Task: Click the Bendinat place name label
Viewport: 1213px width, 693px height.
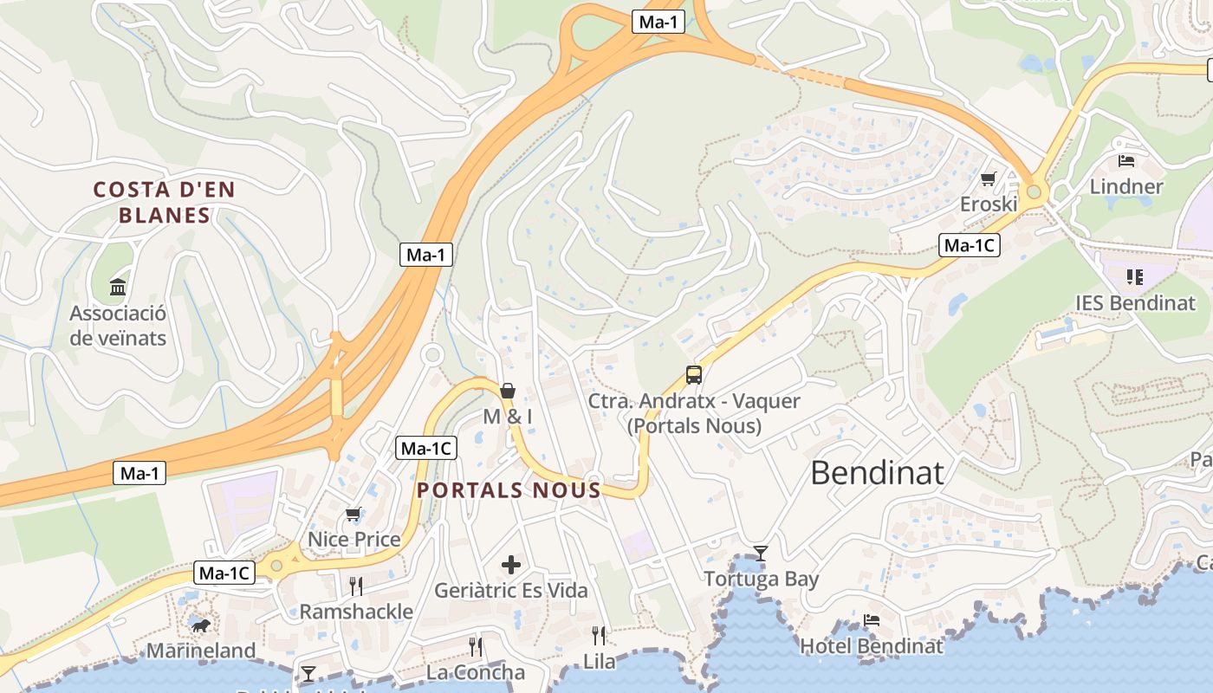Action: tap(877, 473)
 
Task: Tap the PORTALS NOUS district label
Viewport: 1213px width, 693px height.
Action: tap(509, 490)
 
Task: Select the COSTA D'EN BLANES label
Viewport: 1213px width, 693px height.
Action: tap(165, 202)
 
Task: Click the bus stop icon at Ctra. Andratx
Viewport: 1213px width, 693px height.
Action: tap(694, 375)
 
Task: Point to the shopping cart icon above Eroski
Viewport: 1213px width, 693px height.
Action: tap(988, 179)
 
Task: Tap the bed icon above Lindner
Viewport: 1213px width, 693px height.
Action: tap(1125, 160)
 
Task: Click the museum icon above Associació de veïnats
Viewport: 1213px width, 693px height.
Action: tap(118, 287)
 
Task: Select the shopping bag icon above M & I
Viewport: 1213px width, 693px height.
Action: tap(508, 391)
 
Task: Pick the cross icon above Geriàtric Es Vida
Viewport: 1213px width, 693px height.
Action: tap(511, 566)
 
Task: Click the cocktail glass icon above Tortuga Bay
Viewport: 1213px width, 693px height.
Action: tap(761, 553)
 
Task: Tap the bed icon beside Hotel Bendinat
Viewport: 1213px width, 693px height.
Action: tap(872, 620)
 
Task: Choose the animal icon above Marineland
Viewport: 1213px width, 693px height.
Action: tap(200, 625)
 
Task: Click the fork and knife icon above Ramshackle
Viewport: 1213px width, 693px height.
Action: tap(356, 586)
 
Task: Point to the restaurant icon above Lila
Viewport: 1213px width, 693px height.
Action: tap(599, 636)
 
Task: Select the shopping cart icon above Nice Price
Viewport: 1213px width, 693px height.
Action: tap(354, 515)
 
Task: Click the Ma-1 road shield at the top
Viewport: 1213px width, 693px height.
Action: tap(658, 23)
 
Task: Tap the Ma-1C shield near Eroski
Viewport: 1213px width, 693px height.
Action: tap(970, 246)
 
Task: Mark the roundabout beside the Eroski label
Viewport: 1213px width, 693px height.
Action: tap(1033, 191)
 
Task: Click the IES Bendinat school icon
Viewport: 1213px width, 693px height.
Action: tap(1134, 277)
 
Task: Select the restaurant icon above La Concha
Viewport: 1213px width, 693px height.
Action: tap(476, 646)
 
